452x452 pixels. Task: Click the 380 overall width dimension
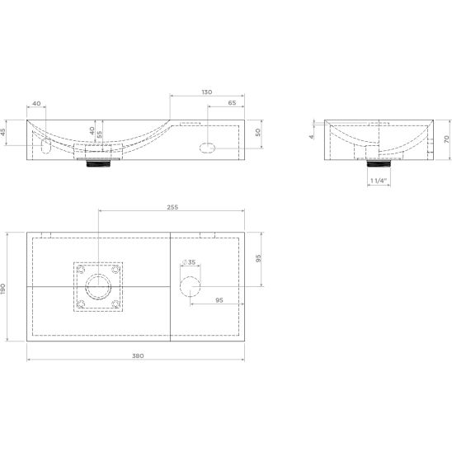click(x=138, y=355)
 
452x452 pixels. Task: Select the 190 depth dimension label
click(x=3, y=290)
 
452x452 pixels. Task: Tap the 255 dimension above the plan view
click(x=172, y=207)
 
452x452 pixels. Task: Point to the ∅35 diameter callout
click(x=189, y=262)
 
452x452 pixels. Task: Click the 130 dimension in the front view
click(x=207, y=92)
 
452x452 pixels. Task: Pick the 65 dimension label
click(x=232, y=102)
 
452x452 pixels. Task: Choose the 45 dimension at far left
click(x=3, y=132)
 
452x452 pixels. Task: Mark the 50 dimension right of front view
click(x=258, y=132)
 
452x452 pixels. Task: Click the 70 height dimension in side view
click(x=446, y=139)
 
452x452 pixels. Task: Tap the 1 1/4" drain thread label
click(x=379, y=181)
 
